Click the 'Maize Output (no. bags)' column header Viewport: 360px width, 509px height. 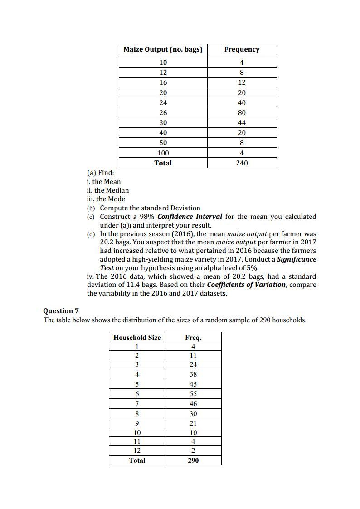click(163, 49)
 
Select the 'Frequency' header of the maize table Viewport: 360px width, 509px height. click(242, 49)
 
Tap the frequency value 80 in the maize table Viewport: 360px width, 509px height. click(242, 112)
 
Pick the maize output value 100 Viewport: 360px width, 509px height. click(163, 153)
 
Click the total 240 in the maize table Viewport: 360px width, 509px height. click(242, 163)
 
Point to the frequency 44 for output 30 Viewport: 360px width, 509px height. click(242, 123)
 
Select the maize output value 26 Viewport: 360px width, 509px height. click(163, 112)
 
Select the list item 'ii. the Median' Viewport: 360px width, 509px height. click(108, 190)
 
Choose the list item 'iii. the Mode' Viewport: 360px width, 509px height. click(106, 199)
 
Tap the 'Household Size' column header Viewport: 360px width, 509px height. click(137, 337)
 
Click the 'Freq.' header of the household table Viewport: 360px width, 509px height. click(193, 337)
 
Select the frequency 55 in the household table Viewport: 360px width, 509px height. click(193, 394)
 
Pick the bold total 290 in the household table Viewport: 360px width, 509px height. click(193, 461)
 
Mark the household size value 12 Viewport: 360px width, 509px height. click(137, 451)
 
